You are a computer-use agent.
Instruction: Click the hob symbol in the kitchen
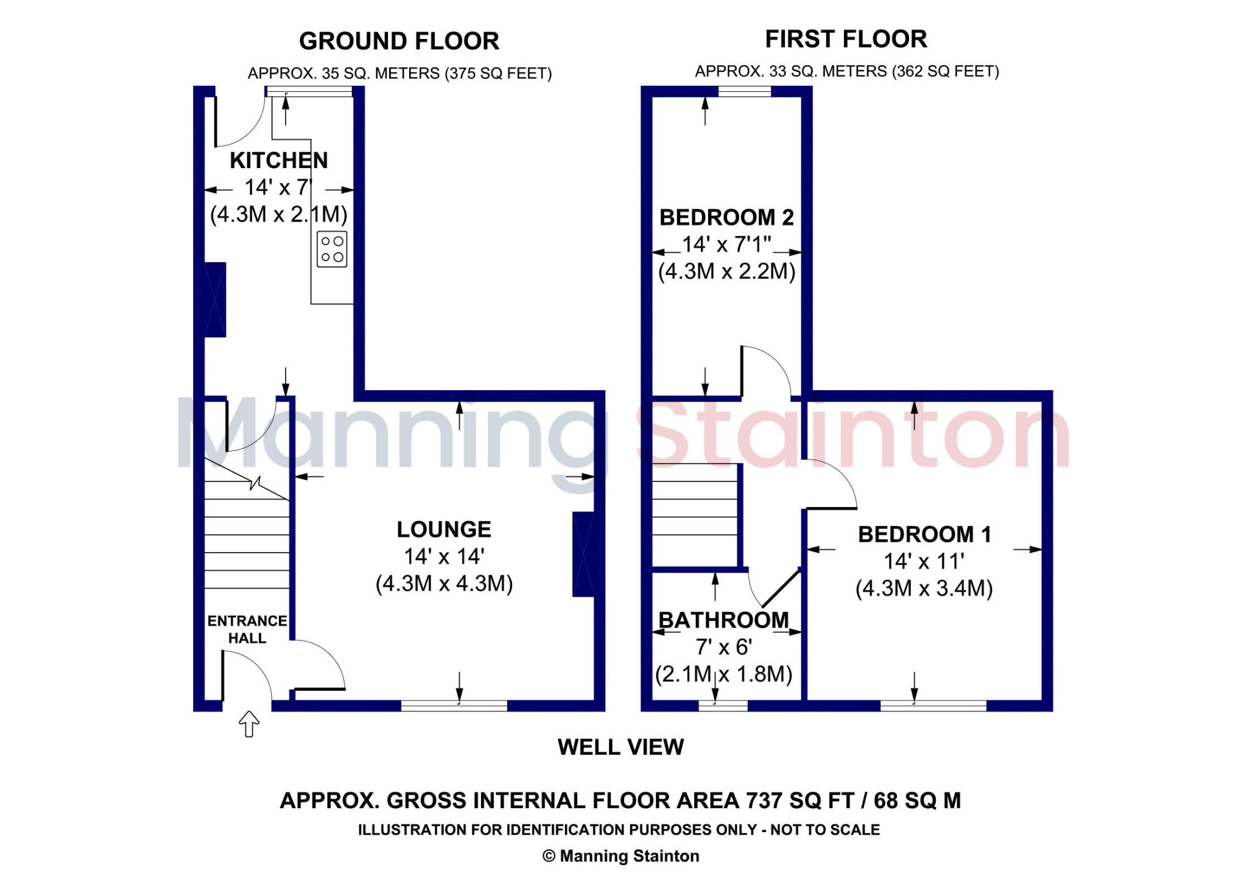pos(332,249)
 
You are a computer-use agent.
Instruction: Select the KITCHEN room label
pos(279,160)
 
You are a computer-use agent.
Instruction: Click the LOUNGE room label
pos(444,530)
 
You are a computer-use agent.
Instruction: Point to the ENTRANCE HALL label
pos(247,629)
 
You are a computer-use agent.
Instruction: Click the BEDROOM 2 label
pos(726,217)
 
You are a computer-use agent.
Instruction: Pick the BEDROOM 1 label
pos(924,534)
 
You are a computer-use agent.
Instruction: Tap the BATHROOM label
pos(723,620)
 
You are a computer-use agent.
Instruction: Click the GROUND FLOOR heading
pos(399,41)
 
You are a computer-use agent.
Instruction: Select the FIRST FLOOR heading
pos(846,39)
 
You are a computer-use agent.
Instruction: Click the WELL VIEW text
pos(620,747)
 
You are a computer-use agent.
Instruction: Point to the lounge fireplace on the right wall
pos(583,554)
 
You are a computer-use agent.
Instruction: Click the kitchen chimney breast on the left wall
pos(215,299)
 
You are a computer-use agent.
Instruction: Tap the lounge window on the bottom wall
pos(454,705)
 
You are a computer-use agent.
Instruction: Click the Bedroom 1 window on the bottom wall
pos(933,705)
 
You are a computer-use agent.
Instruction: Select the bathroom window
pos(723,705)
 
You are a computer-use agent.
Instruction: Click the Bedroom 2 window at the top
pos(744,91)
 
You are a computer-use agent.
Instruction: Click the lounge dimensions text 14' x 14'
pos(444,556)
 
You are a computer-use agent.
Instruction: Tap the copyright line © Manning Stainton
pos(620,856)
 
